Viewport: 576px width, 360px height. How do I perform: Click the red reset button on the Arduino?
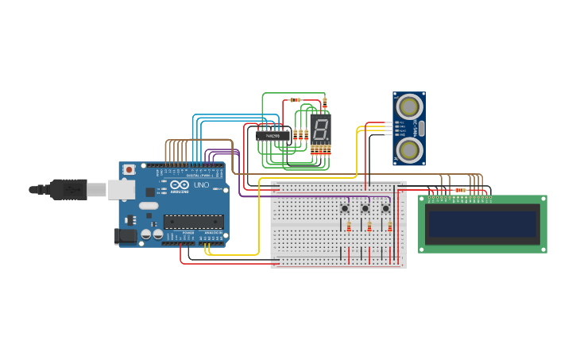click(x=129, y=170)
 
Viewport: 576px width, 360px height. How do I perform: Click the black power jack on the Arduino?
click(x=124, y=235)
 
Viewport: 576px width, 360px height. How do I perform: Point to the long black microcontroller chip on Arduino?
click(x=193, y=222)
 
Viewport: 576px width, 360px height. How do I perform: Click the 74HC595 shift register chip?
click(x=273, y=135)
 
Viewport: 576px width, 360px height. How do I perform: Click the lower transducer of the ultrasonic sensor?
click(x=409, y=149)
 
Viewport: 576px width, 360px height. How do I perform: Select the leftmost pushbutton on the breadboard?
click(x=345, y=208)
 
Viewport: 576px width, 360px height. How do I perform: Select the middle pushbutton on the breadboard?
click(x=365, y=208)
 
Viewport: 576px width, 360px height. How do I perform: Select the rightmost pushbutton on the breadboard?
click(x=385, y=208)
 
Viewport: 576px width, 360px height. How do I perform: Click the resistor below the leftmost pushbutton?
click(x=349, y=227)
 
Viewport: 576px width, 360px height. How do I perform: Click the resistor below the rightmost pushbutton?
click(x=389, y=227)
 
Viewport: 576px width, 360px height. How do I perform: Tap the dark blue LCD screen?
click(x=482, y=223)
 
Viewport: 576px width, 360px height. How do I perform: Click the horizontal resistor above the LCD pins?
click(x=460, y=190)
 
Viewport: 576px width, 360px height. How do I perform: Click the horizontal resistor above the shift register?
click(x=296, y=100)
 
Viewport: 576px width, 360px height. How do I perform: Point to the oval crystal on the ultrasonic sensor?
click(x=422, y=128)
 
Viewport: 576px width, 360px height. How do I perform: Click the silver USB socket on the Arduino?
click(x=121, y=189)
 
